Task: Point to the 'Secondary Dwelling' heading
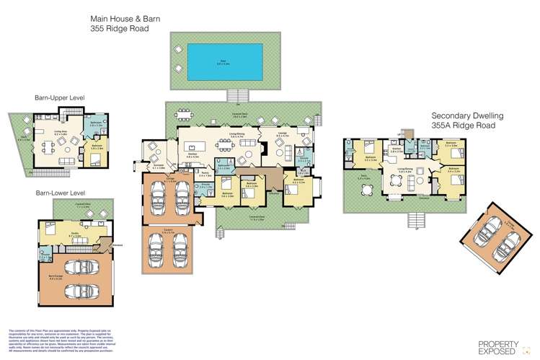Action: pos(467,115)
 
